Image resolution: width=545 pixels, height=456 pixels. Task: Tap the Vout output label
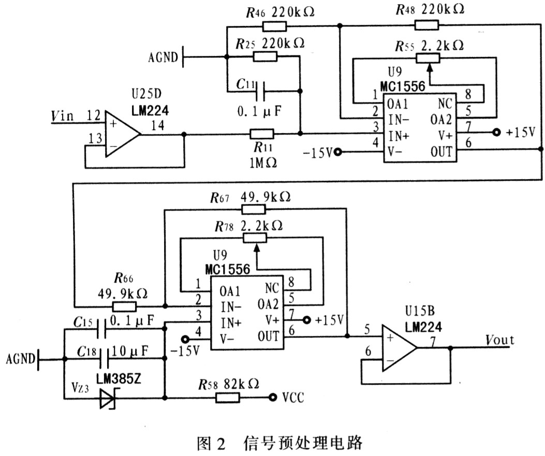pos(499,340)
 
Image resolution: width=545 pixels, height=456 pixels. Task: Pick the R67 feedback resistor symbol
pos(253,209)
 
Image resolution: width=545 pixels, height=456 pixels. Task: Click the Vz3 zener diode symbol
pos(108,398)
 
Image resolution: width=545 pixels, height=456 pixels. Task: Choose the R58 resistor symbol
pos(227,398)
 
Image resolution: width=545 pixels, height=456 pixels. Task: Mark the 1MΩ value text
pos(262,161)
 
